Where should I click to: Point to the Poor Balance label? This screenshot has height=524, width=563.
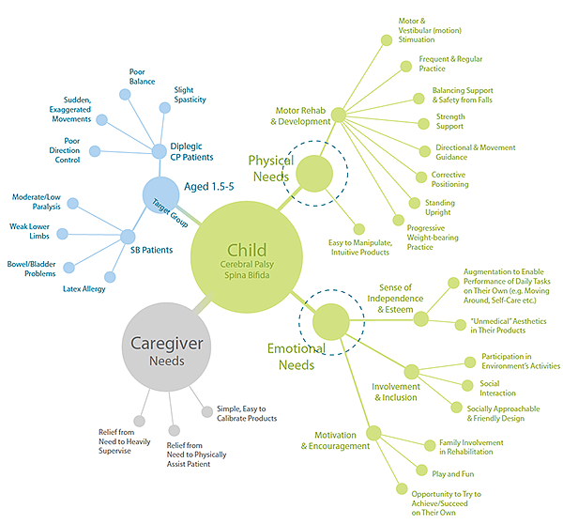pos(143,77)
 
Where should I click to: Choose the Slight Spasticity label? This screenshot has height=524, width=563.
pos(190,95)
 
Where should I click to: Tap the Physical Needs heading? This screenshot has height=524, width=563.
pos(269,168)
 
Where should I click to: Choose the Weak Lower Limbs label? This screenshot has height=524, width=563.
pos(29,232)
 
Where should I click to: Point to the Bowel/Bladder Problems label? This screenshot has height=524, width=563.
pos(32,269)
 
